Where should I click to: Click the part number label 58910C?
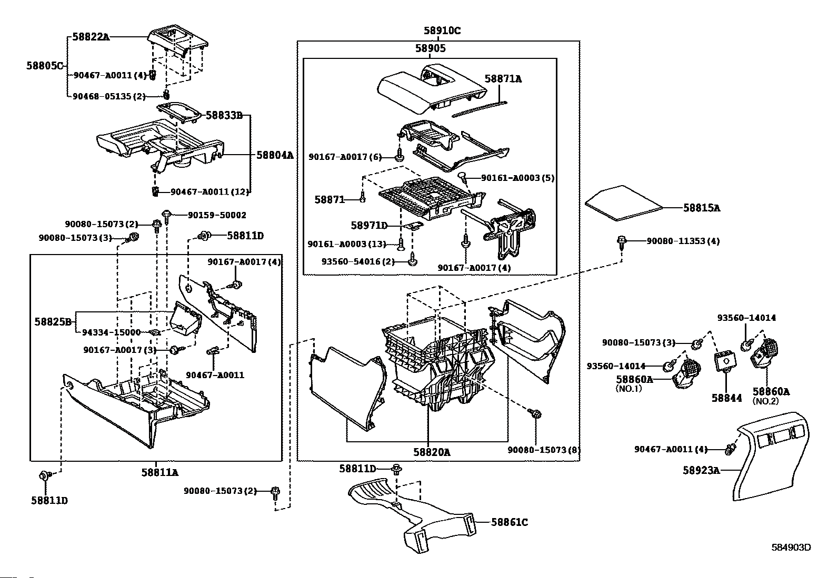(x=442, y=31)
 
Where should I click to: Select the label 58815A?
(x=701, y=208)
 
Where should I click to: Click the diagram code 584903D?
(x=791, y=547)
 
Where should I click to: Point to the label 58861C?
(x=509, y=522)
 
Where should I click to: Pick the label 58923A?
(x=701, y=470)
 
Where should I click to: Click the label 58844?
(x=727, y=398)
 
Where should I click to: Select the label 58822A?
(x=91, y=37)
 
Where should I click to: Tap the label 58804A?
(x=275, y=155)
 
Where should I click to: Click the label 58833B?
(x=224, y=116)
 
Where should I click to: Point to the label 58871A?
(x=503, y=79)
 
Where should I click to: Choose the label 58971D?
(x=369, y=226)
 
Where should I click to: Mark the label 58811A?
(x=159, y=472)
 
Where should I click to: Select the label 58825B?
(x=53, y=321)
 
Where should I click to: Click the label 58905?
(x=430, y=48)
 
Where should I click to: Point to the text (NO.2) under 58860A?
(x=765, y=401)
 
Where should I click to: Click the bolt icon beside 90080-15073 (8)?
(x=536, y=414)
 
